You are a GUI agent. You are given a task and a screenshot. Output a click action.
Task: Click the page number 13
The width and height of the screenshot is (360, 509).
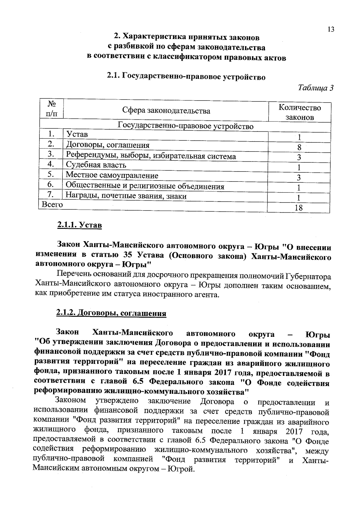[331, 29]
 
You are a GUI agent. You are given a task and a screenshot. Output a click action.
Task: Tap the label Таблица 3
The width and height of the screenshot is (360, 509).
[316, 88]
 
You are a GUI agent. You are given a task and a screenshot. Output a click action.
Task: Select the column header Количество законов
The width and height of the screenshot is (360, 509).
[299, 112]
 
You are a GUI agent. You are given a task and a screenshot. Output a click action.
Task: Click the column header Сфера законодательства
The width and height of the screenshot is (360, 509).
[166, 111]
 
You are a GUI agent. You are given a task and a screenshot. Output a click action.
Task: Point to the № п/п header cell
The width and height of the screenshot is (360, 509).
[52, 109]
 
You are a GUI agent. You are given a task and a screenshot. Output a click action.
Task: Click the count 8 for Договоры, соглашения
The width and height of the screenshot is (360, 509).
[299, 147]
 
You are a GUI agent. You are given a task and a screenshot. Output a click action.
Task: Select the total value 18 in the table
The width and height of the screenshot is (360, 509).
[298, 208]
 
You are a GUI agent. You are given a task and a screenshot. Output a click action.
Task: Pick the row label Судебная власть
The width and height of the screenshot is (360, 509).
[96, 165]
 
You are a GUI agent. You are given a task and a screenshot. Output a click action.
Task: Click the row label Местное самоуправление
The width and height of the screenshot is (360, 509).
[112, 175]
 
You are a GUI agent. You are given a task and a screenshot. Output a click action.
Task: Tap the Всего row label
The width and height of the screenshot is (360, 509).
[52, 205]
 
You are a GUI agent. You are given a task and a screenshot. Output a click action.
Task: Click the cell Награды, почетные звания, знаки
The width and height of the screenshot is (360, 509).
[126, 196]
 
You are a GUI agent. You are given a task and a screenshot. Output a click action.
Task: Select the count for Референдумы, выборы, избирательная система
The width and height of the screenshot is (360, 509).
[299, 157]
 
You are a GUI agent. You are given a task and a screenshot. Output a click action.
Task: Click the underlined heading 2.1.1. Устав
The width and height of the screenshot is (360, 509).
[79, 225]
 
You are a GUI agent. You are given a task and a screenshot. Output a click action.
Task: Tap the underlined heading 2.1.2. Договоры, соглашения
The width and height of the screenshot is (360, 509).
[111, 313]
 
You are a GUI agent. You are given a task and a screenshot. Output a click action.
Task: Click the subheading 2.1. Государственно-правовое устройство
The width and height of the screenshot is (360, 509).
[186, 77]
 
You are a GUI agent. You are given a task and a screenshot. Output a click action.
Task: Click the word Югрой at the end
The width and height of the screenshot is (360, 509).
[181, 469]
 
